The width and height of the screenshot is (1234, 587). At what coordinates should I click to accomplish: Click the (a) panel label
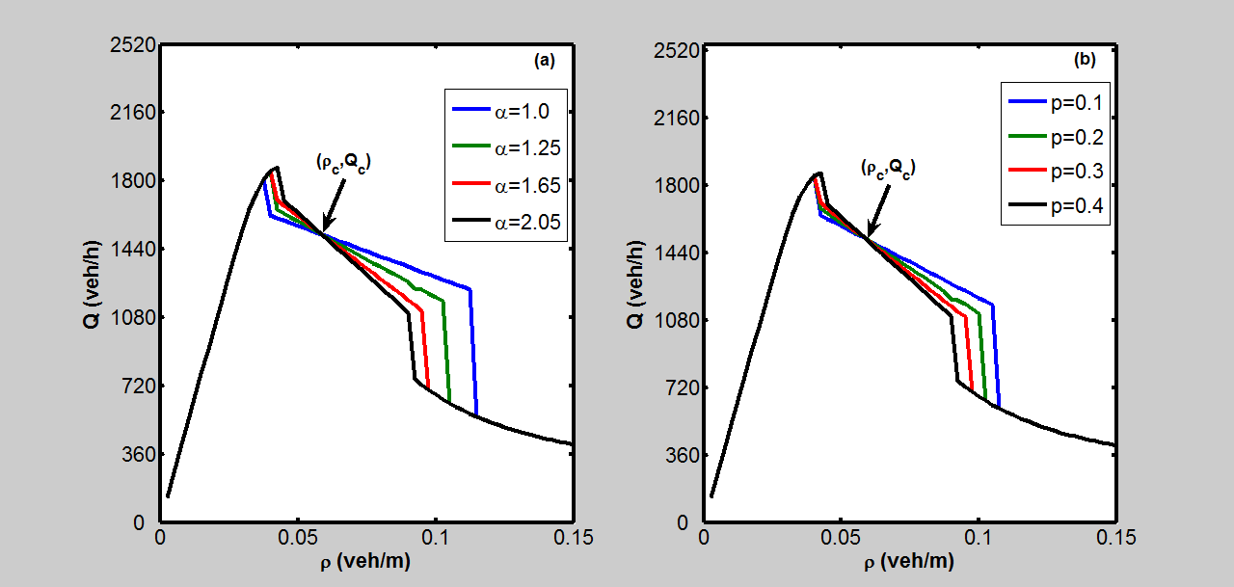544,60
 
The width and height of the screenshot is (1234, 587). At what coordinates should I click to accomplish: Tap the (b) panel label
1085,60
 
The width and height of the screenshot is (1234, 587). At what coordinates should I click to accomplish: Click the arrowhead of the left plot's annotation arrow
324,230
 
